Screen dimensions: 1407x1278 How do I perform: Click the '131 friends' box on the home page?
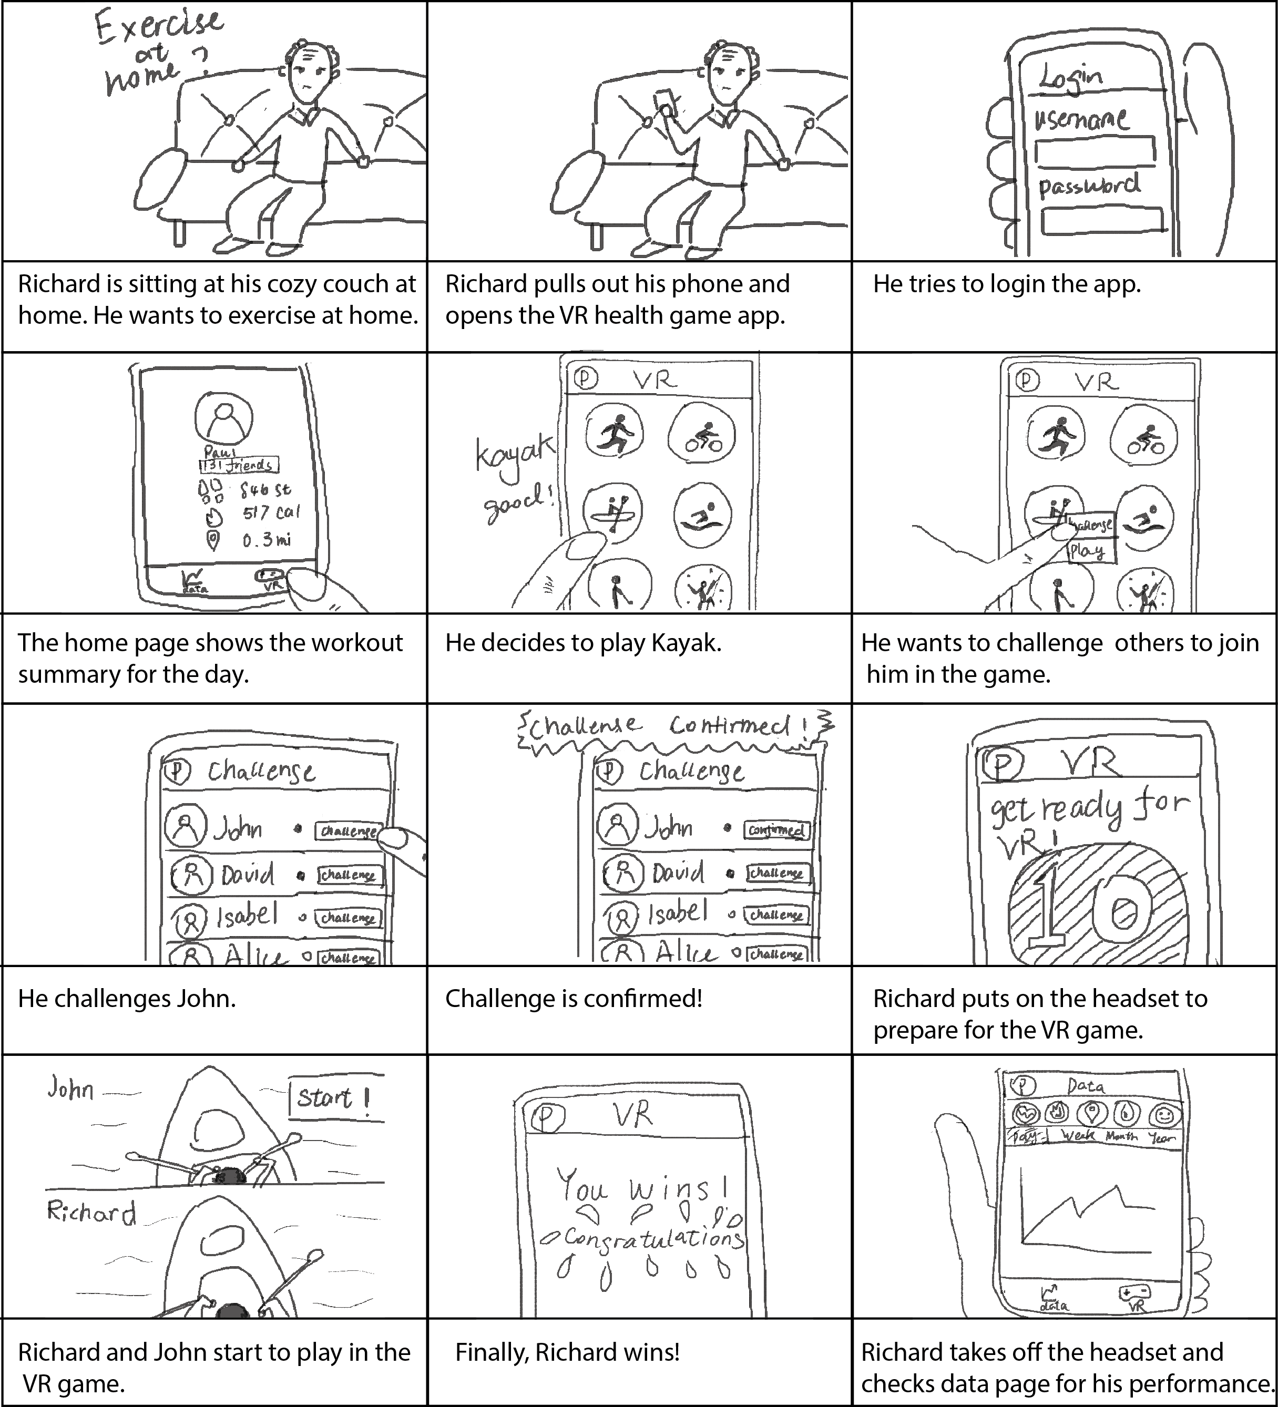point(239,465)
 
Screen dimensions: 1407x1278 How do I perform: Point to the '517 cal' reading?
point(270,513)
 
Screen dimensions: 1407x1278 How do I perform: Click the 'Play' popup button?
point(1090,551)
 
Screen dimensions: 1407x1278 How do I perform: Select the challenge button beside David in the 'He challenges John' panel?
point(350,875)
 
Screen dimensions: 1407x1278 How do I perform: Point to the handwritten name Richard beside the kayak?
point(91,1213)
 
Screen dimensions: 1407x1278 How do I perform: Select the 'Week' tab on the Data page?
point(1078,1136)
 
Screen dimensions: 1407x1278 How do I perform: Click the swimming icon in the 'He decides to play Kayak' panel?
point(702,515)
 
